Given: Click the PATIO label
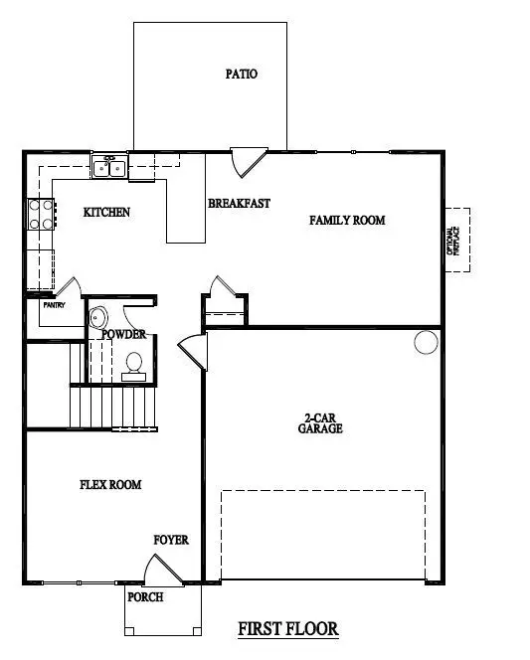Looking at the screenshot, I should tap(242, 74).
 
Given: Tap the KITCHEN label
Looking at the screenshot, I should tap(106, 213).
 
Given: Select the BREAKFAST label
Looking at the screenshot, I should tap(239, 204).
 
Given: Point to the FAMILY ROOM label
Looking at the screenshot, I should tap(347, 220).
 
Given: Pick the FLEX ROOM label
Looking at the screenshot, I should tap(110, 485).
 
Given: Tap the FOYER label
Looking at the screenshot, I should tap(171, 540).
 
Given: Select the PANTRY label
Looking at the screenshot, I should tap(54, 305).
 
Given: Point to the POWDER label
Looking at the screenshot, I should tap(124, 335).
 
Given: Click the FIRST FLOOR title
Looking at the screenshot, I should tap(288, 629).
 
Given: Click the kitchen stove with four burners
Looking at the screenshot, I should tap(41, 215).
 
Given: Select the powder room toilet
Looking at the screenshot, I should tap(132, 365).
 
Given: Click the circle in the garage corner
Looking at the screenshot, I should tap(426, 343).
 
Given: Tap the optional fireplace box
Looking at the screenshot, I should tap(457, 243).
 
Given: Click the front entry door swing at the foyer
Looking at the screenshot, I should tap(160, 572).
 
